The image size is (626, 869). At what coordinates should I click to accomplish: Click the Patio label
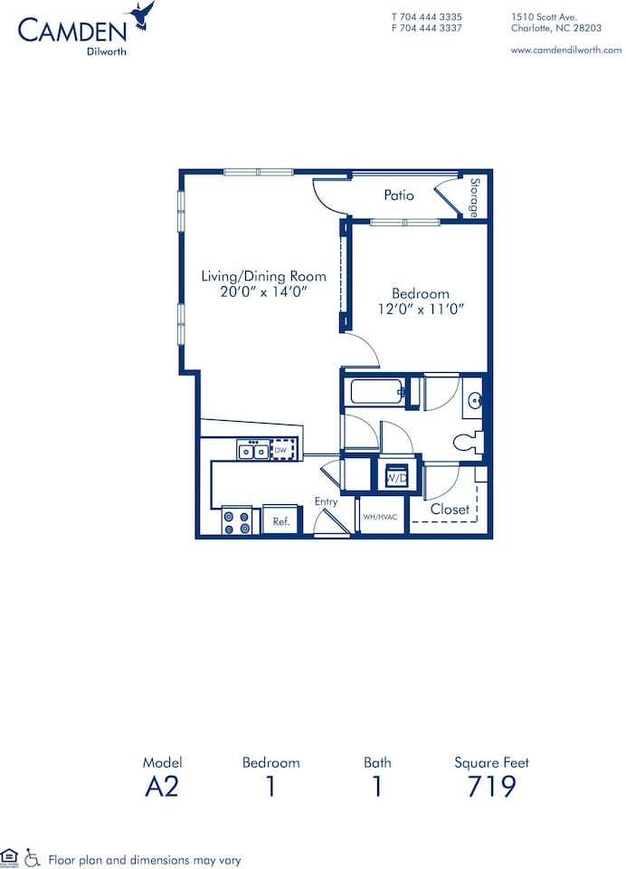pyautogui.click(x=399, y=195)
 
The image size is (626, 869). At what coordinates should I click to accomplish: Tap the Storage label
pyautogui.click(x=475, y=196)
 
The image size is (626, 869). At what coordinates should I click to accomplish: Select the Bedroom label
pyautogui.click(x=420, y=293)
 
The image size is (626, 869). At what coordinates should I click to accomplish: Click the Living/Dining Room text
pyautogui.click(x=263, y=276)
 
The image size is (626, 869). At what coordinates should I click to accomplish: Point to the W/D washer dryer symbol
pyautogui.click(x=395, y=477)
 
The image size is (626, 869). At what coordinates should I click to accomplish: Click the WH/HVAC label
pyautogui.click(x=381, y=518)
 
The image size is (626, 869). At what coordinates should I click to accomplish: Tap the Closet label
pyautogui.click(x=450, y=510)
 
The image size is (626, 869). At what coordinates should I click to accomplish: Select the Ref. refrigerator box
pyautogui.click(x=280, y=520)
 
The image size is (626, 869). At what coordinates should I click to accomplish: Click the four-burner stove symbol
pyautogui.click(x=237, y=521)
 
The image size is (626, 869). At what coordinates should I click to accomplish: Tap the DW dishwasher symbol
pyautogui.click(x=283, y=449)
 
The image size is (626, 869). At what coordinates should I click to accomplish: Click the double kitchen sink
pyautogui.click(x=252, y=450)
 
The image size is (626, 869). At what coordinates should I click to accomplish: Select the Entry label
pyautogui.click(x=326, y=501)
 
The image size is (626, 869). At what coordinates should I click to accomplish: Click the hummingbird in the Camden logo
pyautogui.click(x=142, y=15)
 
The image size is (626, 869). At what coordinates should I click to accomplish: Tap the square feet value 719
pyautogui.click(x=491, y=786)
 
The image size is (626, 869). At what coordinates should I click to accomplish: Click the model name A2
pyautogui.click(x=162, y=786)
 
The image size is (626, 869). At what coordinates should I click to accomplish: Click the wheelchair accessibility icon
pyautogui.click(x=33, y=855)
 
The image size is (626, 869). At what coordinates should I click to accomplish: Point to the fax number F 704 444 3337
pyautogui.click(x=426, y=28)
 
